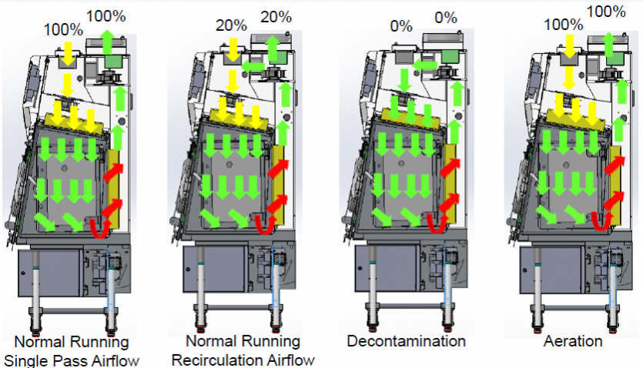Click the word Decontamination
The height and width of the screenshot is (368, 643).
[406, 340]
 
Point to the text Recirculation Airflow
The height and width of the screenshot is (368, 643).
[243, 360]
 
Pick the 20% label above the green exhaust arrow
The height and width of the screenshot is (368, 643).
[275, 16]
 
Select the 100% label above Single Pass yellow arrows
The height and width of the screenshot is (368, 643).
[64, 30]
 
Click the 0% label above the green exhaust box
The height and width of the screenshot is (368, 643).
[446, 18]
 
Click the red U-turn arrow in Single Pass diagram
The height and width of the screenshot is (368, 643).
[99, 225]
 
